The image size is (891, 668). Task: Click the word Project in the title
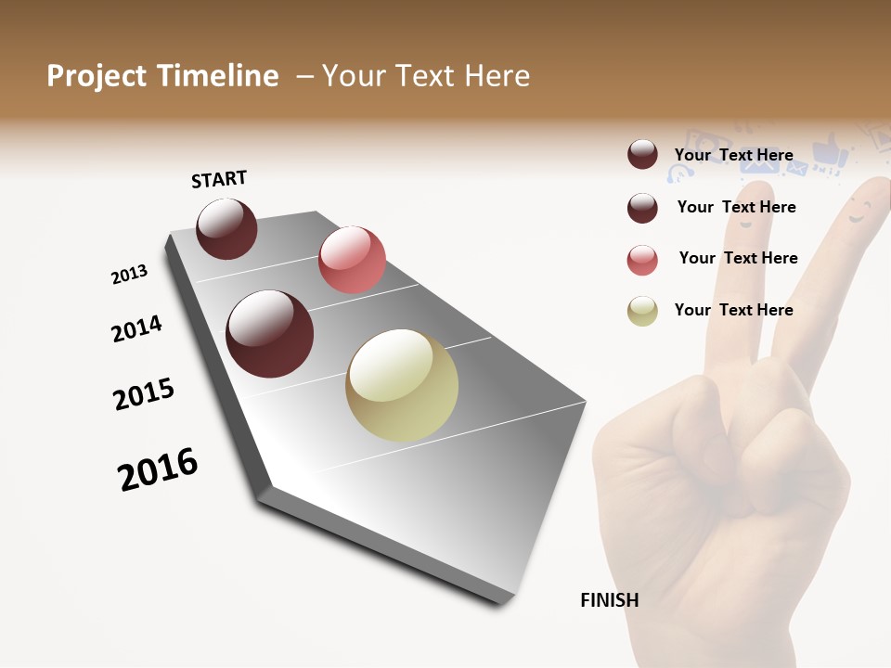pyautogui.click(x=97, y=76)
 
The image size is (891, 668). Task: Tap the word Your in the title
pyautogui.click(x=354, y=76)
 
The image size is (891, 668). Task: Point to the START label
pyautogui.click(x=219, y=179)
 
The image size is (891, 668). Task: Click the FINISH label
pyautogui.click(x=609, y=600)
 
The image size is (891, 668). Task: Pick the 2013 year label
pyautogui.click(x=130, y=275)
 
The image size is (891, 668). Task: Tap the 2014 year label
pyautogui.click(x=136, y=328)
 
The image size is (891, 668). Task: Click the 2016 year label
pyautogui.click(x=158, y=469)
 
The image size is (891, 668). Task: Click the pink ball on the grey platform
pyautogui.click(x=352, y=260)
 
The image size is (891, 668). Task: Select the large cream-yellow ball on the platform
pyautogui.click(x=402, y=385)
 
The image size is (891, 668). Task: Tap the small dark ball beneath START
pyautogui.click(x=226, y=228)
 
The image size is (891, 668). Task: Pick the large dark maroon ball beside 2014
pyautogui.click(x=270, y=334)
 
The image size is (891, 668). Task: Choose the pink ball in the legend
pyautogui.click(x=642, y=260)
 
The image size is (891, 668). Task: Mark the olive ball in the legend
pyautogui.click(x=642, y=311)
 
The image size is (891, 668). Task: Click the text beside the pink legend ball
pyautogui.click(x=738, y=258)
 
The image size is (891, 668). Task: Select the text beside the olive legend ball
pyautogui.click(x=733, y=310)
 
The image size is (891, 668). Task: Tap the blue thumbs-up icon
pyautogui.click(x=827, y=150)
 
